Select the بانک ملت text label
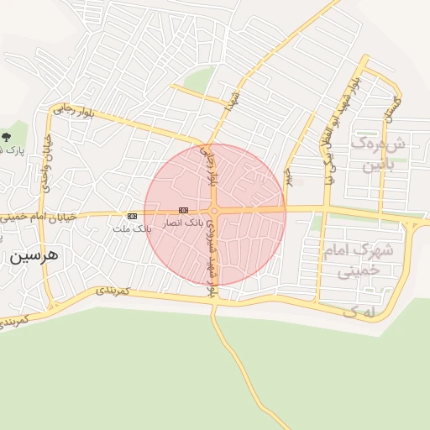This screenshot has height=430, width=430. point(137,228)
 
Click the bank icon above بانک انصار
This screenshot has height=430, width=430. point(183,210)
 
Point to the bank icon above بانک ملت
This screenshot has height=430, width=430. point(132,216)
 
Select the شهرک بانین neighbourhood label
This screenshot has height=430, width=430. point(383,155)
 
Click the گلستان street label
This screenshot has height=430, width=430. point(391,106)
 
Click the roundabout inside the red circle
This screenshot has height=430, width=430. point(215,211)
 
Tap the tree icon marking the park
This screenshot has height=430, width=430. point(8,135)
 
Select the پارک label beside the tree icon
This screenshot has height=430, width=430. point(8,150)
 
